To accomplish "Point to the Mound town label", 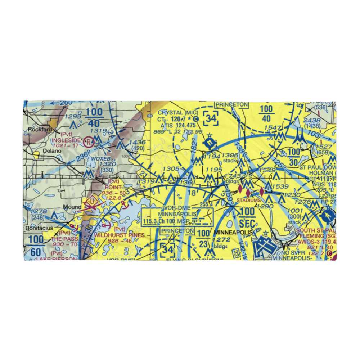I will pyautogui.click(x=71, y=207).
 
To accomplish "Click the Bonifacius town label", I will pyautogui.click(x=39, y=228).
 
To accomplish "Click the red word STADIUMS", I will pyautogui.click(x=248, y=200).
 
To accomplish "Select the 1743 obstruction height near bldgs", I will pyautogui.click(x=234, y=175).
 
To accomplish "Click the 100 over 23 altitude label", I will pyautogui.click(x=203, y=238).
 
